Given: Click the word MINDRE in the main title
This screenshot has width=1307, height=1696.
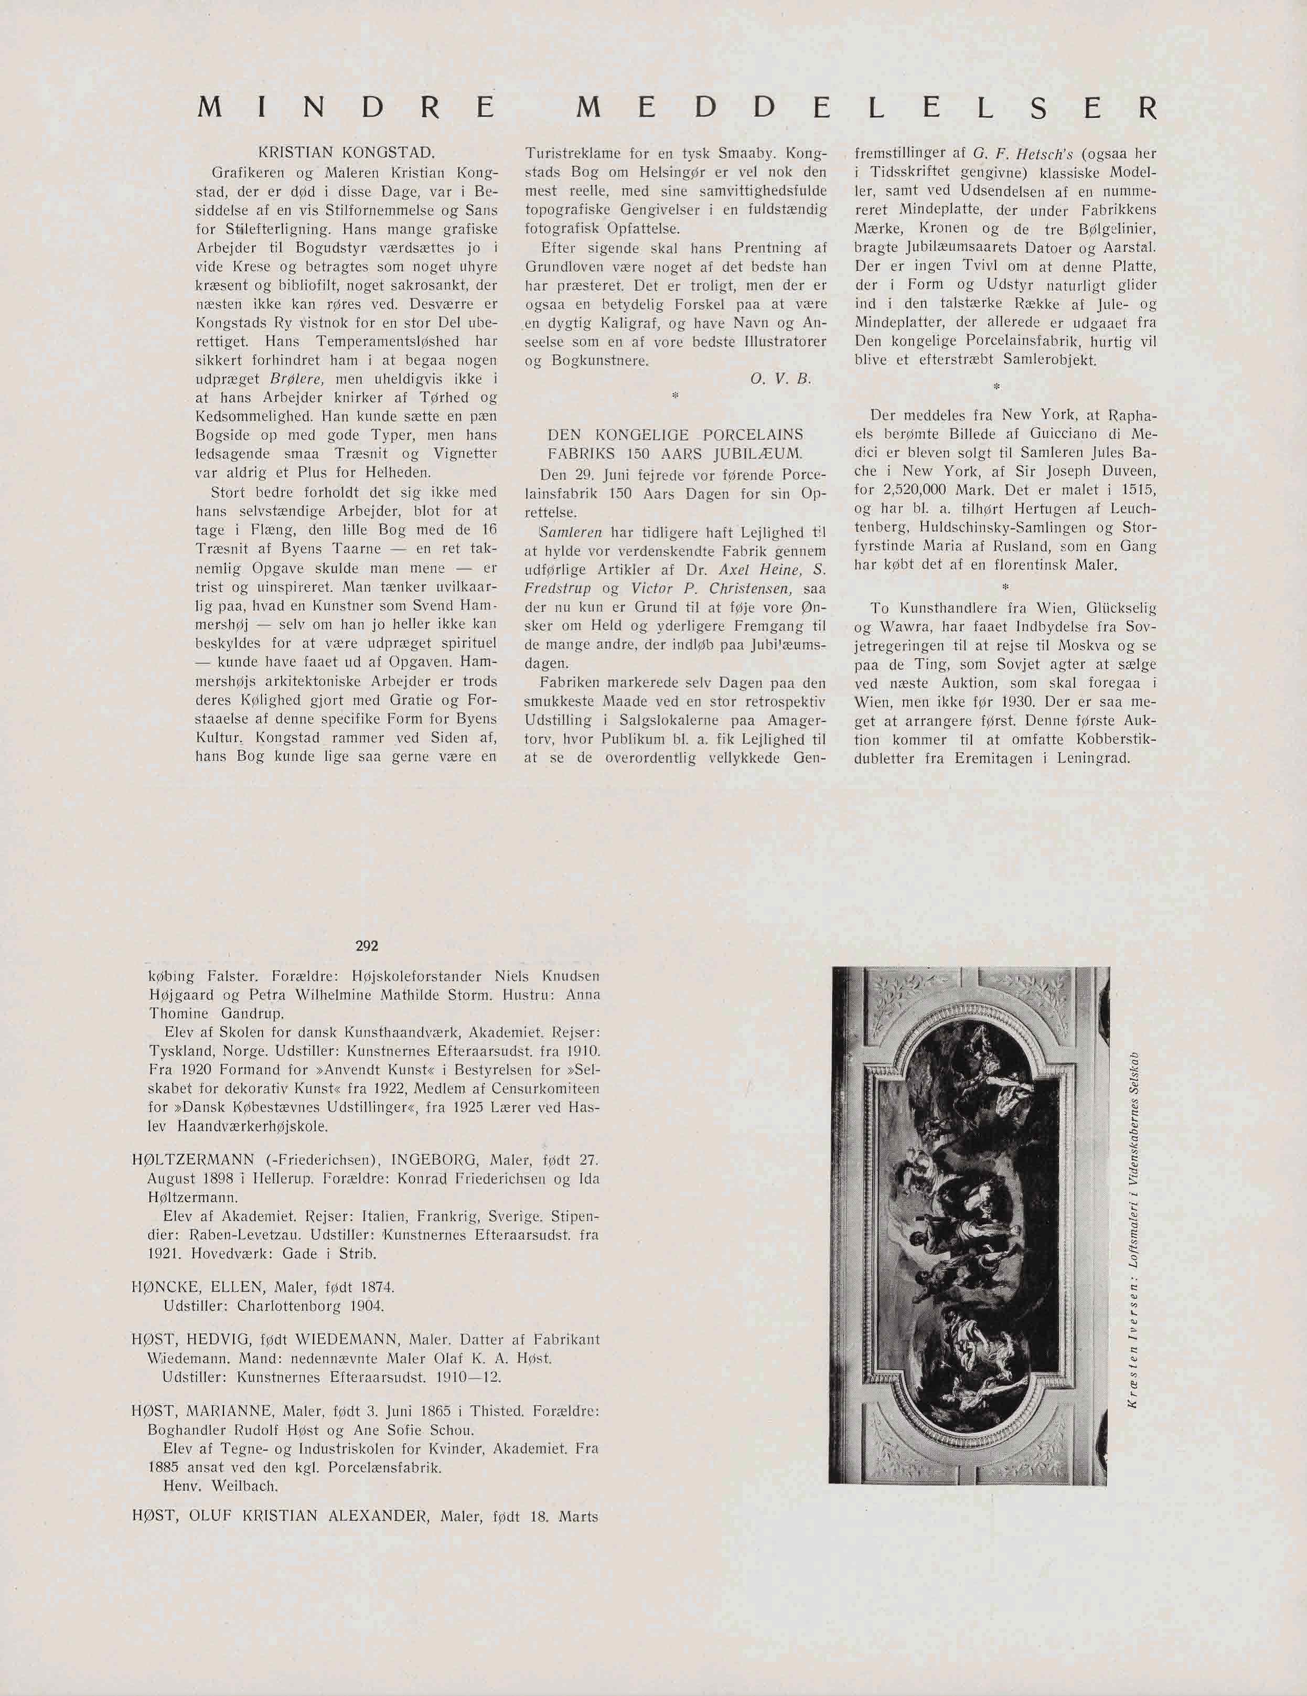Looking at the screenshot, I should click(x=346, y=107).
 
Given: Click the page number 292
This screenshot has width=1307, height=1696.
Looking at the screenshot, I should click(x=367, y=946).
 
